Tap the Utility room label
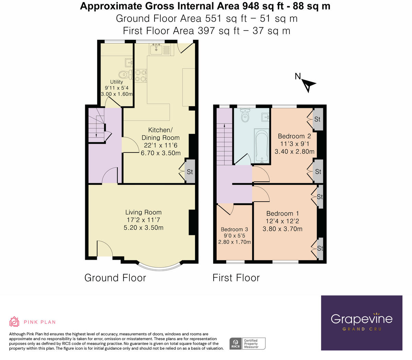click(x=116, y=82)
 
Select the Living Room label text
click(x=143, y=212)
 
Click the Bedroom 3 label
click(x=234, y=229)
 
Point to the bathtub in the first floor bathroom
click(x=262, y=146)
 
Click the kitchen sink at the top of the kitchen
click(x=156, y=50)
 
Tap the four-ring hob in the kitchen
click(x=141, y=76)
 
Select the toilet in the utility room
click(x=124, y=74)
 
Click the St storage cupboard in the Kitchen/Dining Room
click(x=190, y=171)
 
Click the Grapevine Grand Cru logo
click(x=362, y=323)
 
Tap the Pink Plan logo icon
click(x=14, y=322)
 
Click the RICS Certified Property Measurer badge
click(x=247, y=344)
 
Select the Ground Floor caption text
click(x=115, y=278)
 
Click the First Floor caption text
click(x=236, y=278)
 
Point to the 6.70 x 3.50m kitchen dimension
click(x=161, y=153)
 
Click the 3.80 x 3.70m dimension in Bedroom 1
click(x=282, y=229)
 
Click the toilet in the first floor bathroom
click(x=245, y=116)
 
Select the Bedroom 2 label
click(x=294, y=136)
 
